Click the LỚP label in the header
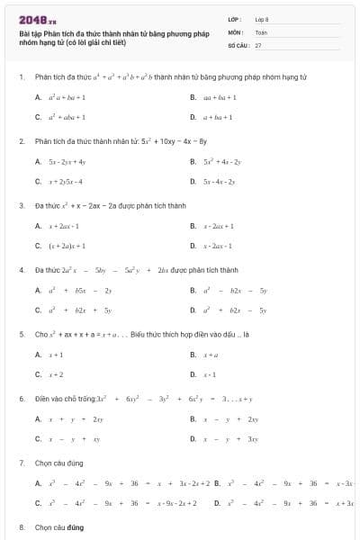234,19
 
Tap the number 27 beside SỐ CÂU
258,44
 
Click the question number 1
20,77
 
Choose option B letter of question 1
193,96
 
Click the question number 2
20,141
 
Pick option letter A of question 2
38,161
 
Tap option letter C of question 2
38,181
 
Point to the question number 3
20,205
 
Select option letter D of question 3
193,245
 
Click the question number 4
20,269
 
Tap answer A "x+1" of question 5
55,355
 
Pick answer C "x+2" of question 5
55,374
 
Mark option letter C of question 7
38,502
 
